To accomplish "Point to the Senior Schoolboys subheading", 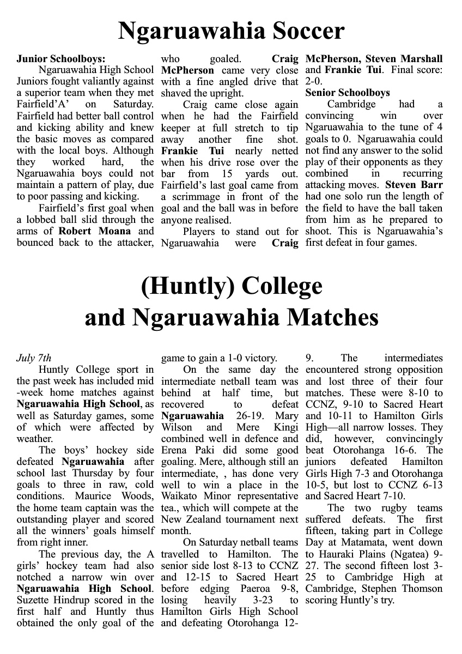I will coord(348,93).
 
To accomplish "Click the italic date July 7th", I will coord(34,359).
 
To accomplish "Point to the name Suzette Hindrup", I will coord(50,600).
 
